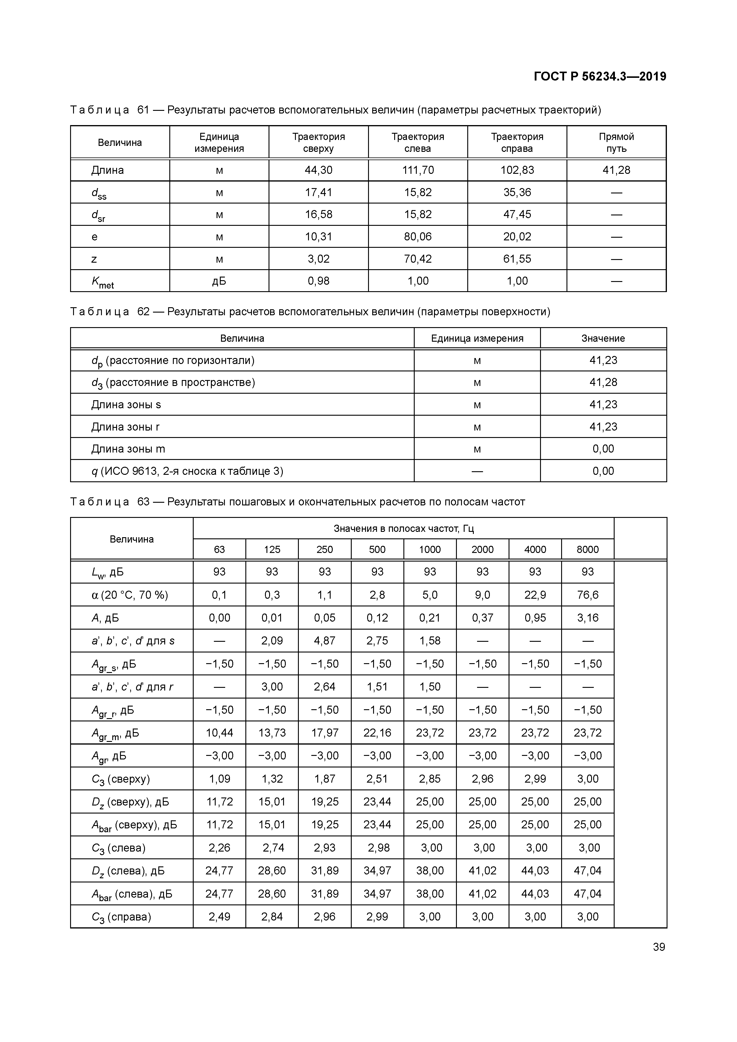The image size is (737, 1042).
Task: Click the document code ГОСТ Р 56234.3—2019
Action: click(x=599, y=76)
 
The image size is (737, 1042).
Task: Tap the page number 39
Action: click(x=659, y=947)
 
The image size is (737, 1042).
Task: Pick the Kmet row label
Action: click(x=102, y=282)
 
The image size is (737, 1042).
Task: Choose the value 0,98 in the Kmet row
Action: click(x=318, y=281)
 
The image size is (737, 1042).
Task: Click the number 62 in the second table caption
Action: click(x=143, y=312)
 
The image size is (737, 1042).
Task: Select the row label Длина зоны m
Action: click(x=128, y=449)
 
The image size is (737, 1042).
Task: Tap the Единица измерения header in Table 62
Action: click(x=477, y=338)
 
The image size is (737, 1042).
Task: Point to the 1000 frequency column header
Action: click(x=430, y=550)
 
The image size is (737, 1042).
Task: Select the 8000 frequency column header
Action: click(x=588, y=550)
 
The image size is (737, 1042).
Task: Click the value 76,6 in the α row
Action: click(x=588, y=595)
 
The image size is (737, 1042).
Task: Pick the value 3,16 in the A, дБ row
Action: click(x=588, y=618)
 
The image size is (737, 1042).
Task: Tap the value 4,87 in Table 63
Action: click(x=324, y=641)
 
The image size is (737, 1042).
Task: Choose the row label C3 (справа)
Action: click(x=121, y=917)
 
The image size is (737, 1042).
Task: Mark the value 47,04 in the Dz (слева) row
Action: click(x=588, y=871)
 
